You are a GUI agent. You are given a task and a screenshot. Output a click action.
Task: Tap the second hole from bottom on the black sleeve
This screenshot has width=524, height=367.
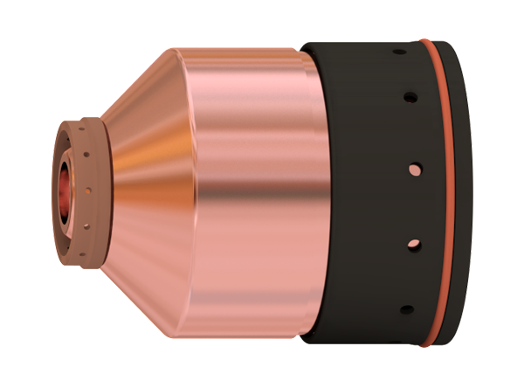click(415, 243)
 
